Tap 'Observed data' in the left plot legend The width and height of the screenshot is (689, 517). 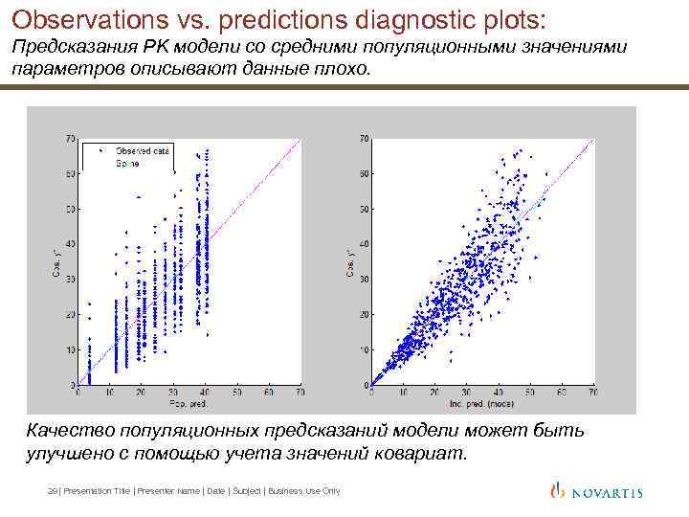(x=143, y=150)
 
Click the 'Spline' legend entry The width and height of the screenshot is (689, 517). (x=127, y=164)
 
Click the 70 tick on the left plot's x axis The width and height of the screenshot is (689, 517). (x=300, y=393)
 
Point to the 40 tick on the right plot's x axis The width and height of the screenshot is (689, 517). (x=498, y=393)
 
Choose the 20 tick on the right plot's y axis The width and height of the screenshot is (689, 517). (x=364, y=315)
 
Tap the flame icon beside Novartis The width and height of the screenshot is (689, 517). (x=558, y=490)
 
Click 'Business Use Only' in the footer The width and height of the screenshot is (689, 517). (x=304, y=491)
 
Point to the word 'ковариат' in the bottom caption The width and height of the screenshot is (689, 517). (x=422, y=453)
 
